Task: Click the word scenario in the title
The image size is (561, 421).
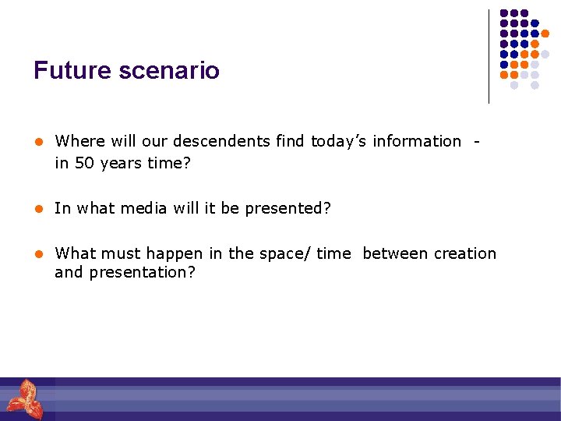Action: pyautogui.click(x=168, y=71)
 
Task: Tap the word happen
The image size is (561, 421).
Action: pyautogui.click(x=171, y=253)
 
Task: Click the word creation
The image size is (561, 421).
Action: pyautogui.click(x=464, y=253)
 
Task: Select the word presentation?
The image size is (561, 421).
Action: pyautogui.click(x=143, y=272)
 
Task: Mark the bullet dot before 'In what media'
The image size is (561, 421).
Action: pyautogui.click(x=37, y=209)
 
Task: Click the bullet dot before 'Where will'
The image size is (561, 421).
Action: pyautogui.click(x=37, y=142)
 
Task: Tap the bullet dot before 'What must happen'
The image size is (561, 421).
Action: pyautogui.click(x=37, y=254)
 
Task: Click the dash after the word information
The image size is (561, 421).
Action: pyautogui.click(x=476, y=142)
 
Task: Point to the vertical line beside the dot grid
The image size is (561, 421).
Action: pyautogui.click(x=489, y=56)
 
